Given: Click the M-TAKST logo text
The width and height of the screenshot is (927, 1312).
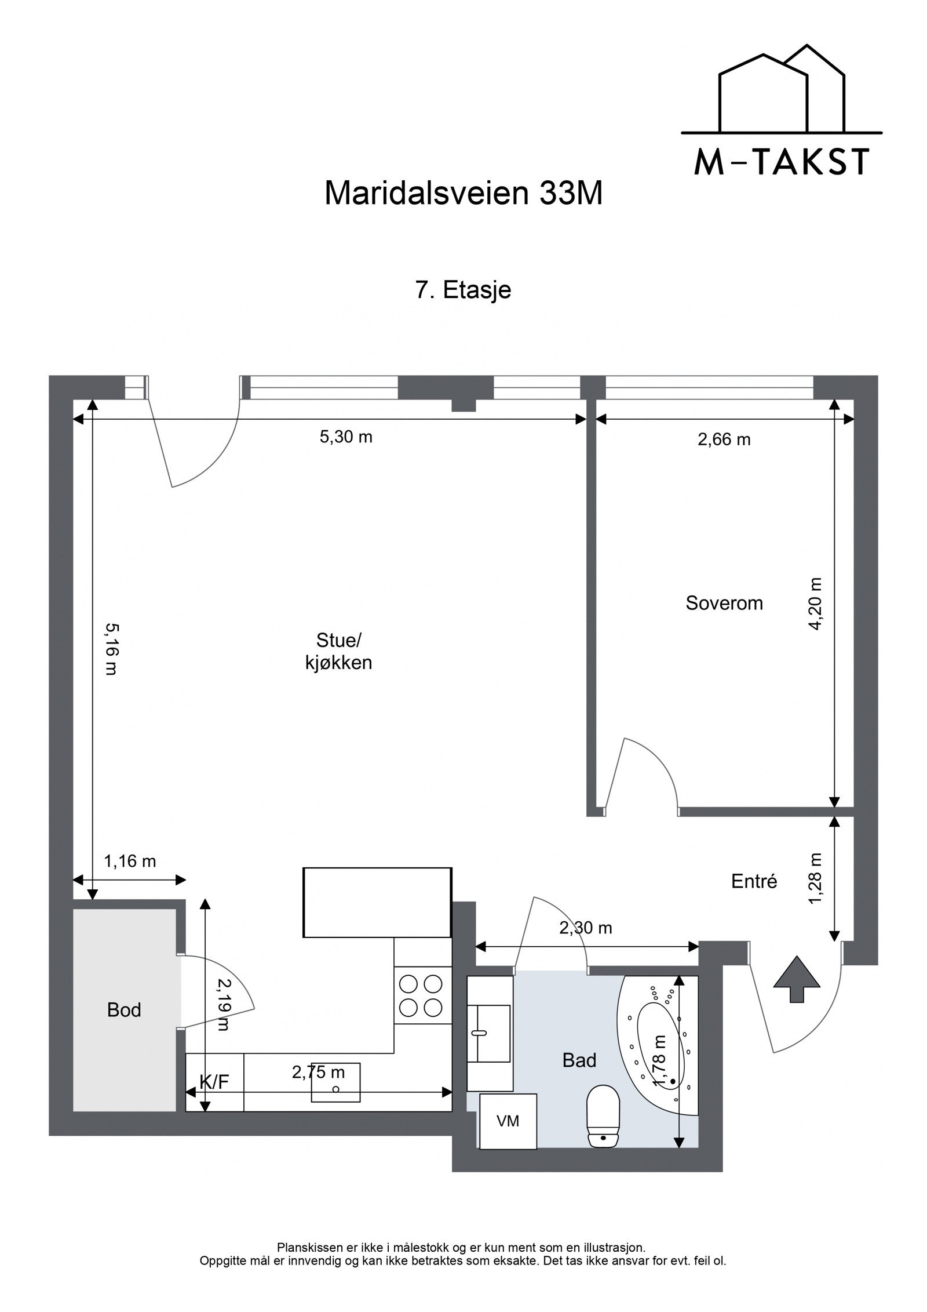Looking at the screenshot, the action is click(x=782, y=162).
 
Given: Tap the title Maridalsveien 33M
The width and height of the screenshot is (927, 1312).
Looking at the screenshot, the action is click(x=463, y=194).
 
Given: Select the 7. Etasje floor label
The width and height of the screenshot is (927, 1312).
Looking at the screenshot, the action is click(x=463, y=290).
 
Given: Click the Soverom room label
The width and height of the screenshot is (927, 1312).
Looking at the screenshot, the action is click(x=724, y=603).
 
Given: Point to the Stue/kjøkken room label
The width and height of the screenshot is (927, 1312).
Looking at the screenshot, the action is click(x=339, y=652).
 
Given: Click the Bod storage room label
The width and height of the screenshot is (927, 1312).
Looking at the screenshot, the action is click(x=124, y=1011).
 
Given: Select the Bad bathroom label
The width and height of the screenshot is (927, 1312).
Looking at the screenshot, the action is click(x=579, y=1060).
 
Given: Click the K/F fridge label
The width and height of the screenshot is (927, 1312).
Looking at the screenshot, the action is click(x=214, y=1082).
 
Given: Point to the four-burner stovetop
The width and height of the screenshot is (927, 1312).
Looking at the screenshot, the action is click(x=422, y=995).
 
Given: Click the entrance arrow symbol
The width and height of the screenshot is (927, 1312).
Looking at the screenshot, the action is click(x=797, y=979).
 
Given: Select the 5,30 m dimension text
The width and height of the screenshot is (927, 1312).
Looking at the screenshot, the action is click(x=346, y=437).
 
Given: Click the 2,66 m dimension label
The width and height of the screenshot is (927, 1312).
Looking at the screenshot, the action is click(x=724, y=439).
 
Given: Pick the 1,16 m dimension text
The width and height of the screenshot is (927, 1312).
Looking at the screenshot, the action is click(x=130, y=862).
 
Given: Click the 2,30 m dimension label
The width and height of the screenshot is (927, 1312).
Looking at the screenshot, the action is click(x=586, y=928).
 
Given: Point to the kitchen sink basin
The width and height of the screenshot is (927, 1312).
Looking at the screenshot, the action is click(x=336, y=1082).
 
